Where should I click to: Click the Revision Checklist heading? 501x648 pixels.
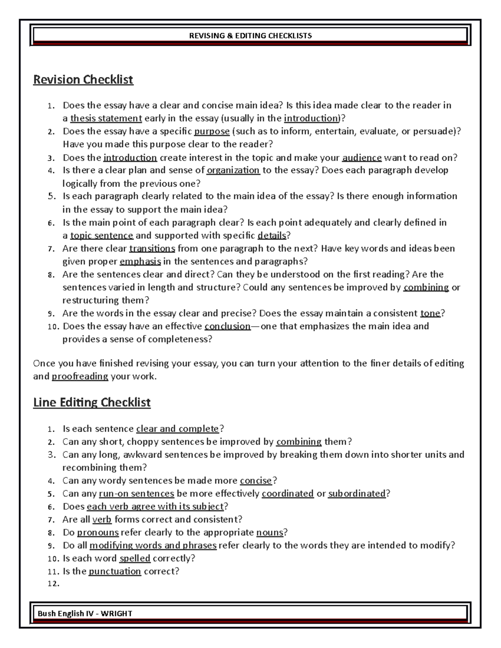(83, 79)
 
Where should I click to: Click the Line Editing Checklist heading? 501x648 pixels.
(91, 402)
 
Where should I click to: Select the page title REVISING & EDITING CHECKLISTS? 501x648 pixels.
(250, 35)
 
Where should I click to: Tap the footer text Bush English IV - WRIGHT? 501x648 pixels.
(85, 613)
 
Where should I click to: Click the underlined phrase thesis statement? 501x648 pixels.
(106, 118)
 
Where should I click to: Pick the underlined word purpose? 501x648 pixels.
(212, 131)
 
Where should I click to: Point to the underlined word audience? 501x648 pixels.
(362, 157)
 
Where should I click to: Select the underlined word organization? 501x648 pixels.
(233, 170)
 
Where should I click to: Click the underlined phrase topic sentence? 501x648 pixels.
(101, 235)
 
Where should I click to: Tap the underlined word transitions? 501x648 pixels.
(152, 249)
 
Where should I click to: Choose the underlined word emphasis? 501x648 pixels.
(140, 262)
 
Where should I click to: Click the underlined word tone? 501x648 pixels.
(430, 313)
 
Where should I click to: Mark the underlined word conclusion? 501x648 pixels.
(228, 326)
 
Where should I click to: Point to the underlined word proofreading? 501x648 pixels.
(80, 376)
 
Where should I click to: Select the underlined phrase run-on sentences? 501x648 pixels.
(136, 494)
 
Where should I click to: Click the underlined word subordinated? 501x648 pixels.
(357, 494)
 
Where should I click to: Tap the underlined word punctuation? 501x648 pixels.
(115, 571)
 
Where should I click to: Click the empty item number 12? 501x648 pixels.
(53, 584)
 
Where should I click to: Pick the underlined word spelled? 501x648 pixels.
(134, 558)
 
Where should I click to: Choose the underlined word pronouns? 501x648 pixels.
(98, 532)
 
